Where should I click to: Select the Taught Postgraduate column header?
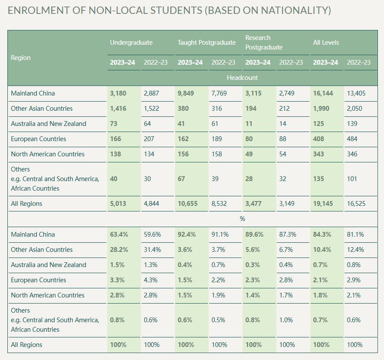pos(207,43)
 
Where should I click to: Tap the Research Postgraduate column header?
pos(264,43)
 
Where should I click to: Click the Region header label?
pos(21,58)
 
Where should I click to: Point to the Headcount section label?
pos(242,78)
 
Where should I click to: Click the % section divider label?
pos(242,219)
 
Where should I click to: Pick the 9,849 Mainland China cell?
pos(186,93)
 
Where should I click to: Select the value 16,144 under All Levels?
pos(323,93)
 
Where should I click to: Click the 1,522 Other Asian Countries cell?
pos(151,109)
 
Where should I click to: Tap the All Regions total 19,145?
pos(323,204)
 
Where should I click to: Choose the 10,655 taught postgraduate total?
pos(187,204)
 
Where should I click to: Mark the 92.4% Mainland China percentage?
pos(187,234)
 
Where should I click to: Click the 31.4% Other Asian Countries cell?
pos(152,250)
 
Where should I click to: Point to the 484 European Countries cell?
pos(352,139)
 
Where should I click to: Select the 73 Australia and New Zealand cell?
pos(114,124)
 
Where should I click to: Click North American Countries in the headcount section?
pos(47,154)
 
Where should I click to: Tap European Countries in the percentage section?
pos(39,280)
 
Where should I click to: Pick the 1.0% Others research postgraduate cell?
pos(286,320)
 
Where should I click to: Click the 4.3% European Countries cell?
pos(151,280)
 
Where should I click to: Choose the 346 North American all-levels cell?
pos(352,154)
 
